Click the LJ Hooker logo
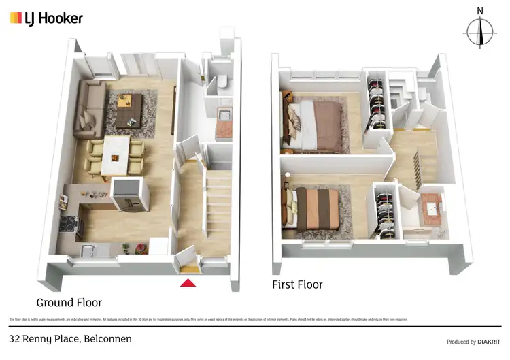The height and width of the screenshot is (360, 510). pos(46,18)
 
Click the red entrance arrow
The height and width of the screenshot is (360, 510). pos(188,282)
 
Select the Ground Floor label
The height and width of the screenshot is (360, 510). pos(69,302)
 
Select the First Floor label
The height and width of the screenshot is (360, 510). pos(297,284)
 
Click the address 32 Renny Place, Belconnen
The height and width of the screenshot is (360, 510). pos(70,338)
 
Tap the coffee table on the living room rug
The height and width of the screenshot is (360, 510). pos(129,109)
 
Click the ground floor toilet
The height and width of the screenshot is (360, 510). pos(222,84)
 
